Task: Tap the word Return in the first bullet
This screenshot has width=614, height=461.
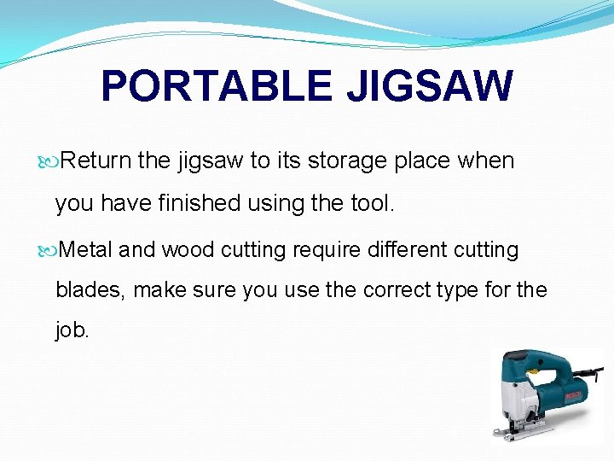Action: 96,160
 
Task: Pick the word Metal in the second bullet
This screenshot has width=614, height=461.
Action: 88,250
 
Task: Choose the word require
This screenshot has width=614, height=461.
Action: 323,250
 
